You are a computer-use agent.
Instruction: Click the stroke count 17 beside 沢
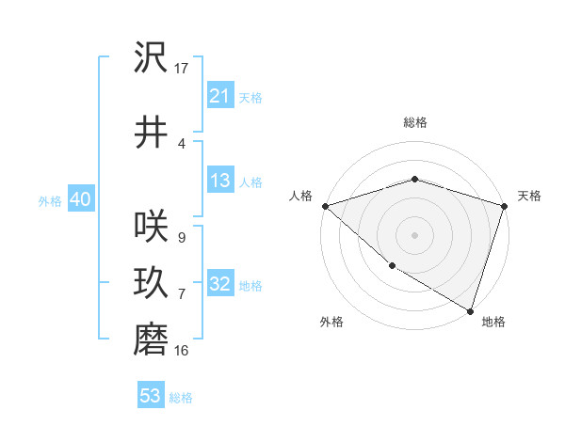[182, 69]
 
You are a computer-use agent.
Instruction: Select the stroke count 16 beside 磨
[182, 351]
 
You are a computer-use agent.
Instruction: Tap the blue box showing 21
[219, 96]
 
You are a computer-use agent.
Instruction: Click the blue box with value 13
[219, 182]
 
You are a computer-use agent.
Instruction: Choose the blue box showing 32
[219, 285]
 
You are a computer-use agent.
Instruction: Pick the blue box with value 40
[79, 200]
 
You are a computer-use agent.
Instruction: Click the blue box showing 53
[150, 396]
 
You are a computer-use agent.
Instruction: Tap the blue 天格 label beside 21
[250, 98]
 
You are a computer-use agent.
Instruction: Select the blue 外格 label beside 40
[50, 201]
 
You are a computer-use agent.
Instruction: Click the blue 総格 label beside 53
[181, 398]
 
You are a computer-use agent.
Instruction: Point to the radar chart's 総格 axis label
[414, 122]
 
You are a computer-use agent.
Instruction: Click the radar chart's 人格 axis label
[300, 196]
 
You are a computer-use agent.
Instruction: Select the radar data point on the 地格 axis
[470, 309]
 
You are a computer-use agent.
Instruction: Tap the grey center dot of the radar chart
[414, 234]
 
